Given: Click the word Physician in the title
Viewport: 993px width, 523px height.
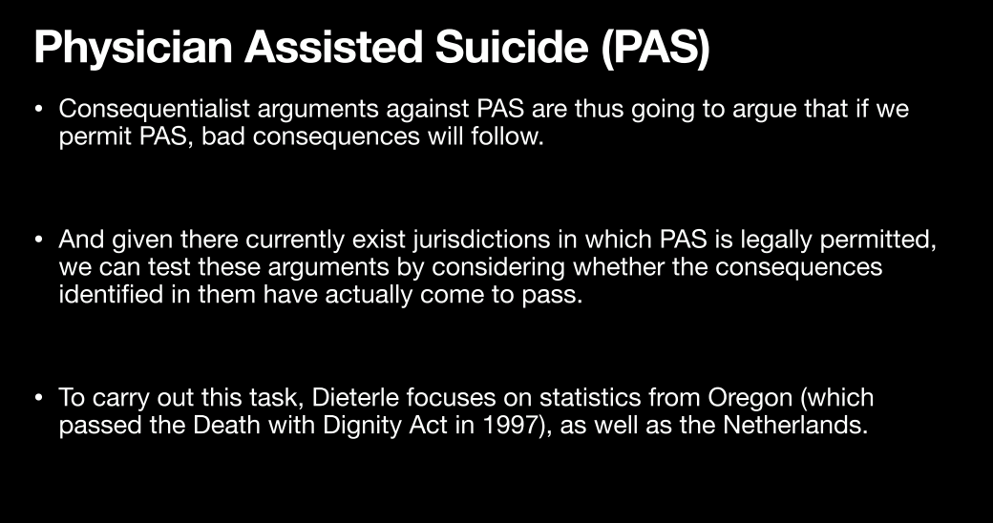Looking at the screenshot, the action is (x=134, y=48).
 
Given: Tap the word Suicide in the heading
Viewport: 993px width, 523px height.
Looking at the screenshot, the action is (x=512, y=48).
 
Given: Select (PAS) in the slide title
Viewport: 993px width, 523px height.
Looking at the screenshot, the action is (x=655, y=49).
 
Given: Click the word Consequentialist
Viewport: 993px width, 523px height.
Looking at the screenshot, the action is (x=155, y=109).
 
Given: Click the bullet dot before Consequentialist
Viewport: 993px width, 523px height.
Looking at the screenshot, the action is (x=39, y=109).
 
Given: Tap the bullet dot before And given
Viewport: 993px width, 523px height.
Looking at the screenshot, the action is (x=39, y=240).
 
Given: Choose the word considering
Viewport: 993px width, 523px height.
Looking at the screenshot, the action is (x=498, y=268).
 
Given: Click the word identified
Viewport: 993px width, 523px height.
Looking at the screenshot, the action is (x=111, y=294).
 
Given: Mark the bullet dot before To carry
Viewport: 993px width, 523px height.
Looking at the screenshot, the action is (x=39, y=398).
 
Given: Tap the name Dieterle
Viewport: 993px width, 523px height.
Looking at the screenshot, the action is (x=355, y=398).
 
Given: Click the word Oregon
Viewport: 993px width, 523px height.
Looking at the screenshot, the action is (x=750, y=399).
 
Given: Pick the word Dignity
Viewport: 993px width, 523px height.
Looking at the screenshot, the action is (x=362, y=426).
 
